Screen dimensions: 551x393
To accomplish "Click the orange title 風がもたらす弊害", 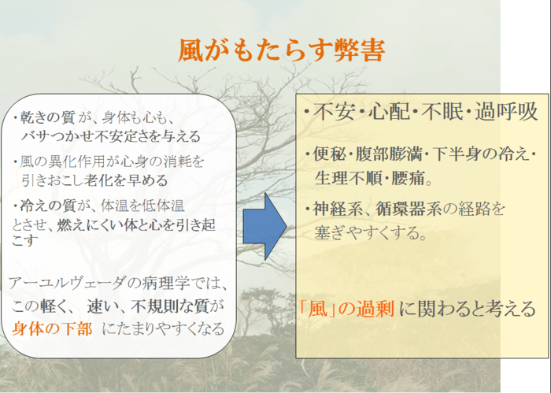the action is (x=281, y=50).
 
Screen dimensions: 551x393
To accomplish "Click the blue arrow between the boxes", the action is (x=264, y=226).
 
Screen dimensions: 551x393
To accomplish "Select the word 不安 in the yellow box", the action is (x=334, y=112).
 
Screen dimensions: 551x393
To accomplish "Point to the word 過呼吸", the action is (x=506, y=112).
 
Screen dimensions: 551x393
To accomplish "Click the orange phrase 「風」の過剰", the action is (x=346, y=310).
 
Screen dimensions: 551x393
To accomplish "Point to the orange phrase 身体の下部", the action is (x=52, y=329).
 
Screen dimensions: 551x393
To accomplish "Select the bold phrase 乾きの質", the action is (x=47, y=118).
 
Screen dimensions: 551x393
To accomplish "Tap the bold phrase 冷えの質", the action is (x=47, y=206).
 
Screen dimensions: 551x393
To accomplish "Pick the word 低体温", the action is (x=163, y=206).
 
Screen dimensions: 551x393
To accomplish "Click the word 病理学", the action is (x=163, y=283).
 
